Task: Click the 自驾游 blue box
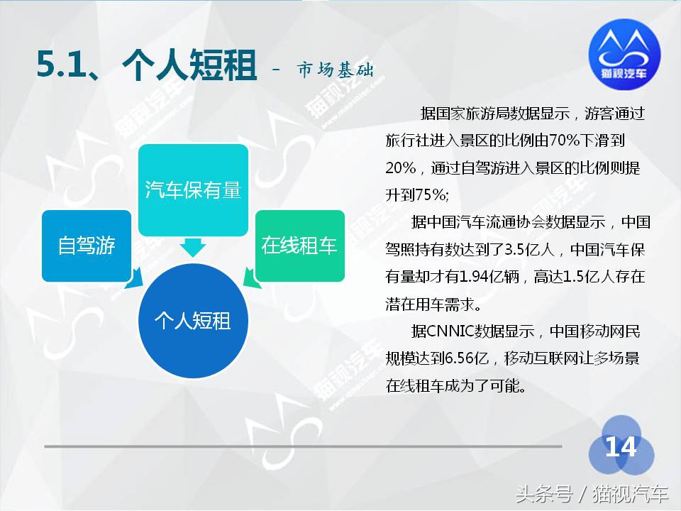click(87, 246)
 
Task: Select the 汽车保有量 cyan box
click(193, 190)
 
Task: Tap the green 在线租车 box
click(299, 246)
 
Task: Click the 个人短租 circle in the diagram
click(193, 321)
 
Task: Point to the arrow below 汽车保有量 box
click(193, 247)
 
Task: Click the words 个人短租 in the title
click(189, 67)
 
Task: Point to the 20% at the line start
click(402, 167)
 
